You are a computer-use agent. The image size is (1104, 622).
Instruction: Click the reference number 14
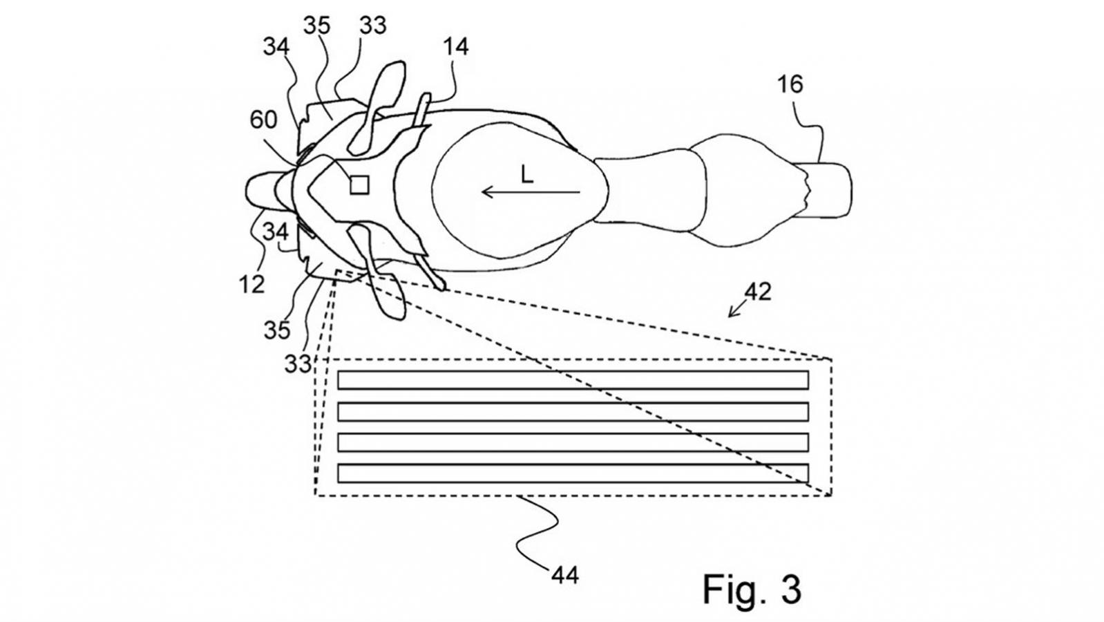tap(456, 47)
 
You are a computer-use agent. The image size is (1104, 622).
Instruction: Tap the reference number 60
tap(264, 120)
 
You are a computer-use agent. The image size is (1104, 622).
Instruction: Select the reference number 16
tap(790, 84)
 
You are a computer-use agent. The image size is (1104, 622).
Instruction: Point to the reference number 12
tap(252, 284)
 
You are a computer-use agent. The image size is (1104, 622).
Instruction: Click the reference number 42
tap(757, 292)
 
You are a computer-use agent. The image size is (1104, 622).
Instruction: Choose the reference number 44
tap(565, 575)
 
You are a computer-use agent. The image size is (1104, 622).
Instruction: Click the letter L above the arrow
tap(527, 174)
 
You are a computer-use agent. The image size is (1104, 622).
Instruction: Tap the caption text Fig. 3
tap(752, 589)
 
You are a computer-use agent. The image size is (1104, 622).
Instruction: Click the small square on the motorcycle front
tap(359, 185)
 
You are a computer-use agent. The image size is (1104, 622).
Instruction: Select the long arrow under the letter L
tap(531, 191)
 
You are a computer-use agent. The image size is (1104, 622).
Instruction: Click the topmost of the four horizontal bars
tap(573, 380)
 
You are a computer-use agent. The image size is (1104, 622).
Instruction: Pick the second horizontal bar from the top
tap(573, 411)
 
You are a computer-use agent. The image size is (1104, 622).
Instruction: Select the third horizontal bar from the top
tap(573, 442)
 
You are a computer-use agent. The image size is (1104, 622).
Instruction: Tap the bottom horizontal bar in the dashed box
tap(573, 473)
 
